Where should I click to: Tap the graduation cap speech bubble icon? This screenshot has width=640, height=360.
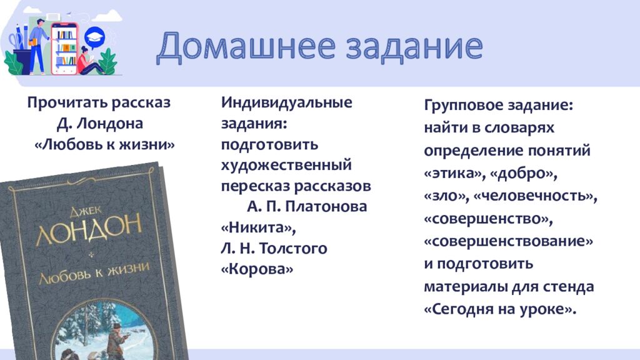pos(94,37)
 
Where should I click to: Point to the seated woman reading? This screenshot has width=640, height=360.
pos(87,61)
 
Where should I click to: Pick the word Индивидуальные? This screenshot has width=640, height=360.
pos(286,103)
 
